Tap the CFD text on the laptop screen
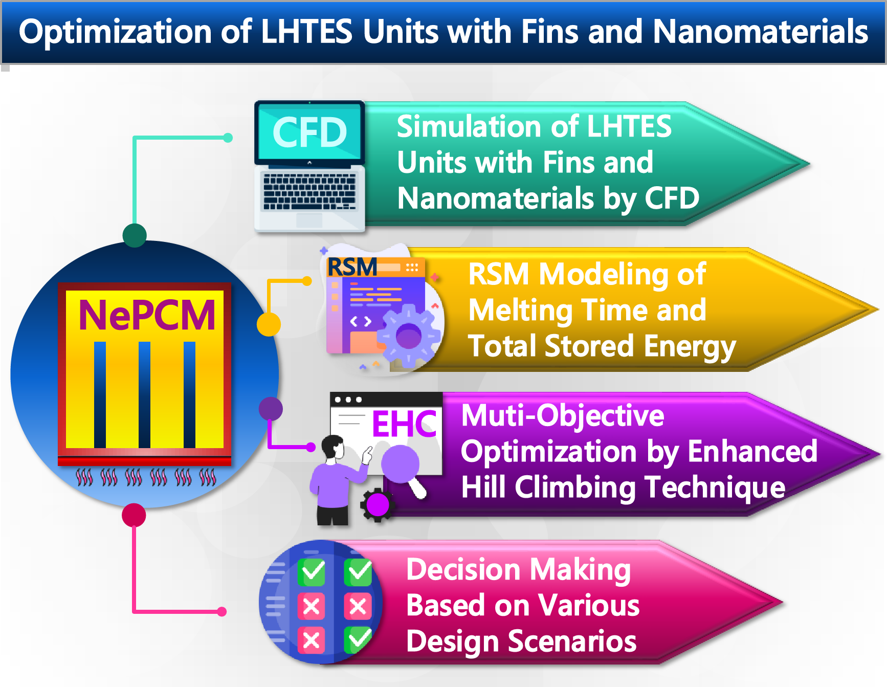pyautogui.click(x=309, y=132)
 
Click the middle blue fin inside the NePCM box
pyautogui.click(x=145, y=394)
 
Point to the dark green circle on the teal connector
pyautogui.click(x=135, y=235)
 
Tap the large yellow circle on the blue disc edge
pyautogui.click(x=269, y=324)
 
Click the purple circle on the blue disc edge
pyautogui.click(x=271, y=409)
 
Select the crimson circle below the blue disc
pyautogui.click(x=134, y=515)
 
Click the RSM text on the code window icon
pyautogui.click(x=352, y=267)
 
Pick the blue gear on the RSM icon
pyautogui.click(x=408, y=336)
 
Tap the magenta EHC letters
pyautogui.click(x=404, y=424)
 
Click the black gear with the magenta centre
pyautogui.click(x=378, y=505)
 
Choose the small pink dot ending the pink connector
pyautogui.click(x=221, y=611)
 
